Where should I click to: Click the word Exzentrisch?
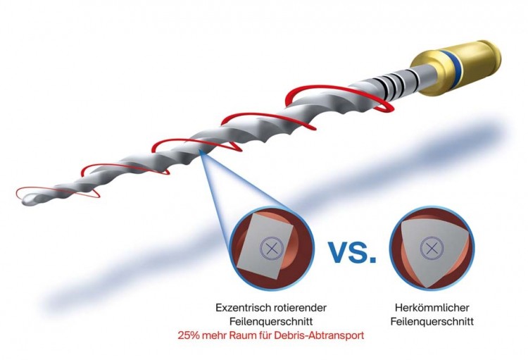tap(242, 308)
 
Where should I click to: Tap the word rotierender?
tap(300, 308)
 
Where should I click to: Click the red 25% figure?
tap(189, 336)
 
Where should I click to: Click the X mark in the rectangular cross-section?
tap(272, 249)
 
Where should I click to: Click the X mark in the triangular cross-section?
tap(432, 249)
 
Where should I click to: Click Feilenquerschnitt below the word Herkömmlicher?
tap(432, 321)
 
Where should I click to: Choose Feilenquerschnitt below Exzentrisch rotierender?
tap(271, 321)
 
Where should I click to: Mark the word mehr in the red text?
tap(215, 336)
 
